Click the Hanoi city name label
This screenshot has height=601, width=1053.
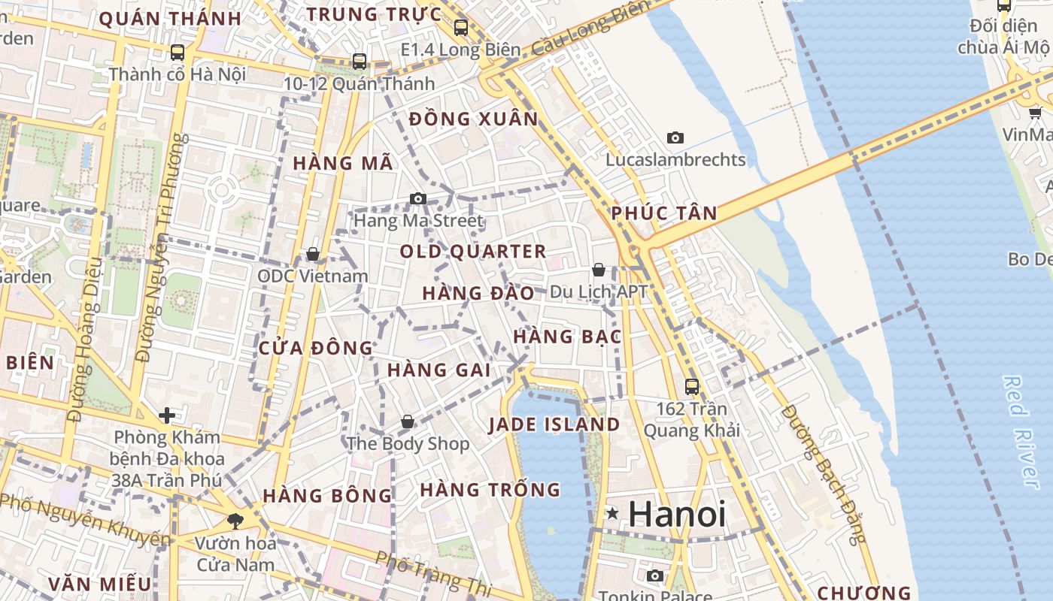[x=677, y=515]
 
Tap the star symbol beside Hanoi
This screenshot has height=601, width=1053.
[x=613, y=514]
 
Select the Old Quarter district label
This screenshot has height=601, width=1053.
[x=473, y=252]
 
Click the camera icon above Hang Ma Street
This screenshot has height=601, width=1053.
[x=418, y=199]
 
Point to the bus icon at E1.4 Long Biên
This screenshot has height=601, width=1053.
[x=461, y=29]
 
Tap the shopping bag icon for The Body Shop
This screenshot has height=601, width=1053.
[x=407, y=422]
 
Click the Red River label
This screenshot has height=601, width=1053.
[x=1024, y=432]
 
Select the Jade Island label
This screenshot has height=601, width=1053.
[x=554, y=424]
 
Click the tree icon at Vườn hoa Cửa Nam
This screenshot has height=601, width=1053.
[x=235, y=520]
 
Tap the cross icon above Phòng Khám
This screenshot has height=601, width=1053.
[x=167, y=415]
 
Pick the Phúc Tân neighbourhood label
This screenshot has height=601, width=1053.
[x=664, y=213]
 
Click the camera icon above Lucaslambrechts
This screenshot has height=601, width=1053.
[x=675, y=138]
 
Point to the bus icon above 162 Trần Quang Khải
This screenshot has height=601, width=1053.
[x=692, y=387]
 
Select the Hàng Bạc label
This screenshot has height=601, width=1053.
[x=568, y=337]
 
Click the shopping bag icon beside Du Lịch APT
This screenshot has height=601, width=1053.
[x=599, y=270]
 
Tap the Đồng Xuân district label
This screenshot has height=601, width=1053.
[x=474, y=119]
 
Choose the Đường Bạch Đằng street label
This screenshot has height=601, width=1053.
[x=824, y=473]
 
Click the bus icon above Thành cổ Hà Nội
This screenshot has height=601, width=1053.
[x=178, y=53]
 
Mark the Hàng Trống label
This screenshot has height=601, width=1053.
[x=490, y=491]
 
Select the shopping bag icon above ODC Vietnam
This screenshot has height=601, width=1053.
[x=312, y=255]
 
